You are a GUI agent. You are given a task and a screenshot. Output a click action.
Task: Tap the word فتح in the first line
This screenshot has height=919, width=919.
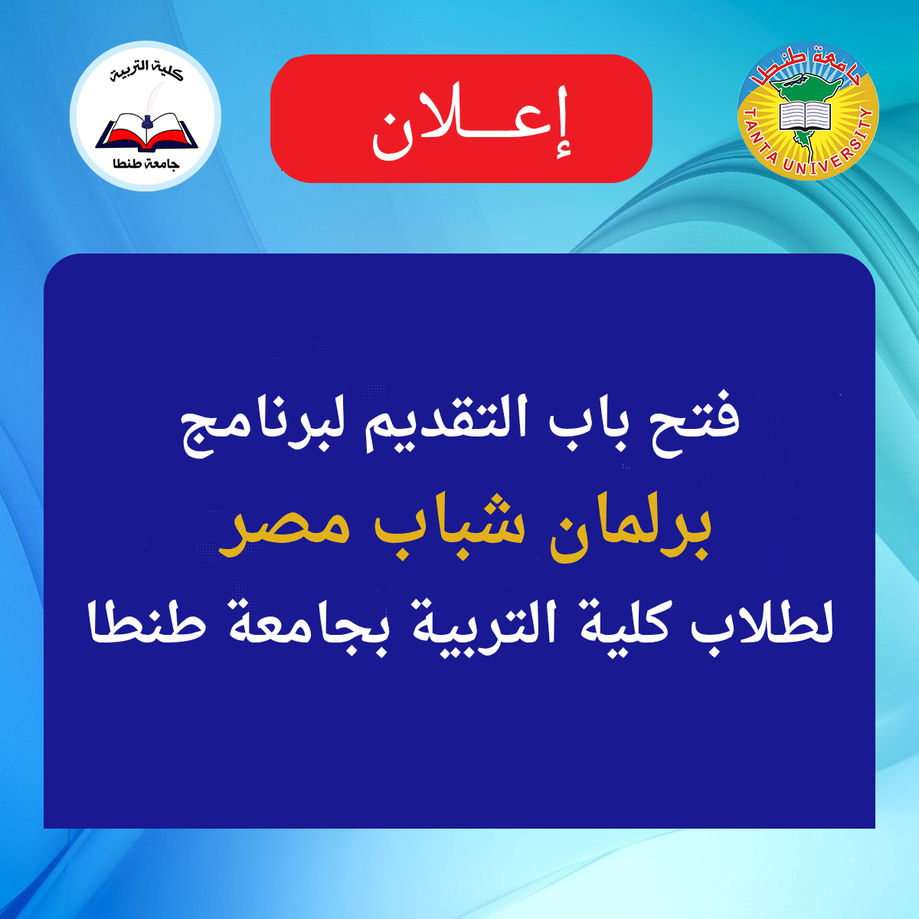click(x=704, y=421)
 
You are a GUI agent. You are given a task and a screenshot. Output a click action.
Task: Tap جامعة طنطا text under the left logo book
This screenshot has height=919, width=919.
click(x=146, y=163)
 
